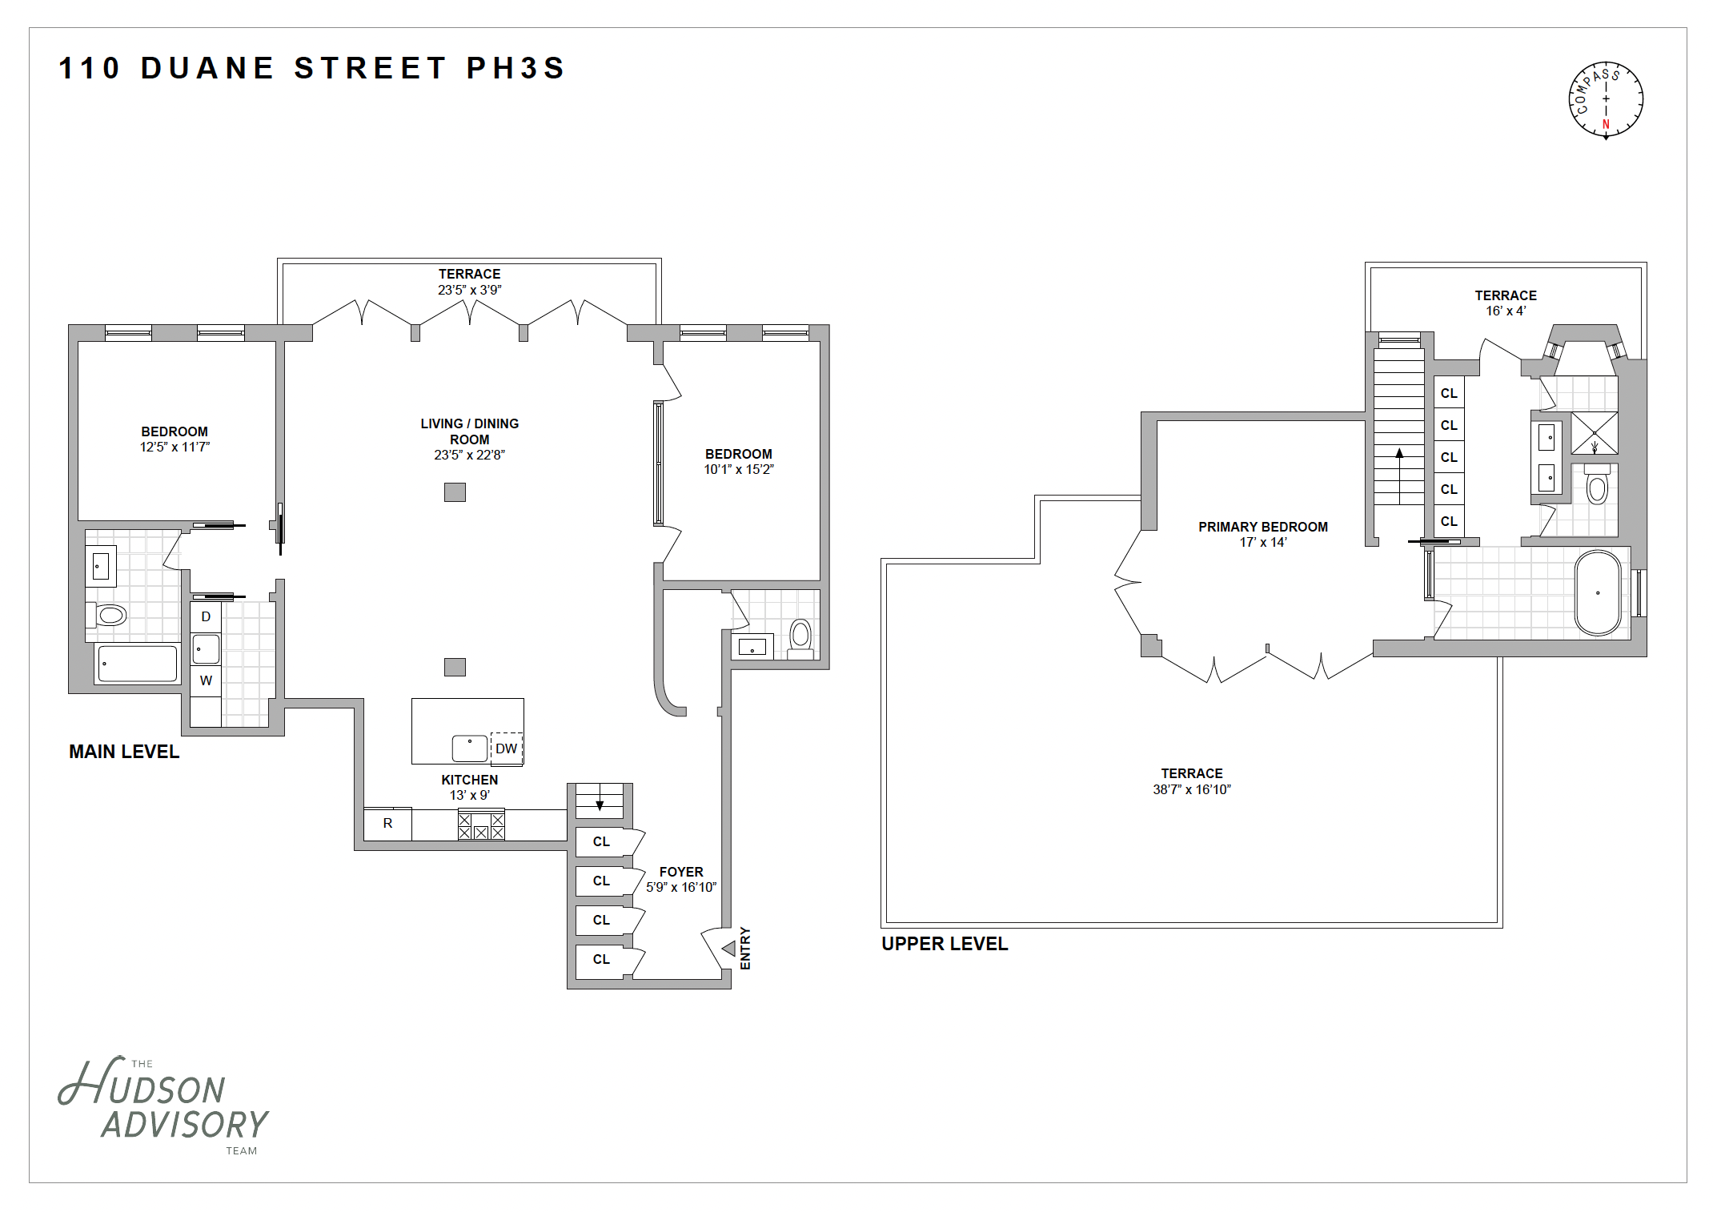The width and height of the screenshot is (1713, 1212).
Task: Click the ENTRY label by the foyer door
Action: pyautogui.click(x=745, y=949)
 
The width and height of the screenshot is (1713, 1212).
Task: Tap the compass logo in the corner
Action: pyautogui.click(x=1605, y=100)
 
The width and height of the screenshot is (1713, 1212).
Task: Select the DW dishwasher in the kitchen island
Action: pyautogui.click(x=506, y=748)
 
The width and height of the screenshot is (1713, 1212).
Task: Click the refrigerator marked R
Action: pyautogui.click(x=388, y=824)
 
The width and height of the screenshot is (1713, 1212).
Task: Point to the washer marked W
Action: pyautogui.click(x=206, y=681)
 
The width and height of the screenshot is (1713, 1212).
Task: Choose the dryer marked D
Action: pyautogui.click(x=206, y=616)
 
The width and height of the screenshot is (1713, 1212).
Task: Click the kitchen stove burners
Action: pyautogui.click(x=481, y=825)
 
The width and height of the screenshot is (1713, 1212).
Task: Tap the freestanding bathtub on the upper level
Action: pyautogui.click(x=1598, y=593)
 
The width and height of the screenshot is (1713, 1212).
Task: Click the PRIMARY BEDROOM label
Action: pyautogui.click(x=1262, y=527)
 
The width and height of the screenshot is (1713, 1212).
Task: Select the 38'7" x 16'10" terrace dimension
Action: pyautogui.click(x=1191, y=789)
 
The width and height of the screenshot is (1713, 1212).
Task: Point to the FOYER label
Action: pyautogui.click(x=681, y=872)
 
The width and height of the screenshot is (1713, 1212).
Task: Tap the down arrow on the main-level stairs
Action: pyautogui.click(x=600, y=803)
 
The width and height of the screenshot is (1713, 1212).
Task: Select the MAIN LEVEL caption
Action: pyautogui.click(x=124, y=752)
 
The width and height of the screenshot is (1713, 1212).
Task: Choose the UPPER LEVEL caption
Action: pyautogui.click(x=945, y=944)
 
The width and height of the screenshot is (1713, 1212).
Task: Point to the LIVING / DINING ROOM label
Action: pyautogui.click(x=470, y=431)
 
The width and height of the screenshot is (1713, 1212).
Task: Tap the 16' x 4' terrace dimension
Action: pyautogui.click(x=1506, y=311)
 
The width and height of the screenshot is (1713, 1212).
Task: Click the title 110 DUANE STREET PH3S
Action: pyautogui.click(x=312, y=68)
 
